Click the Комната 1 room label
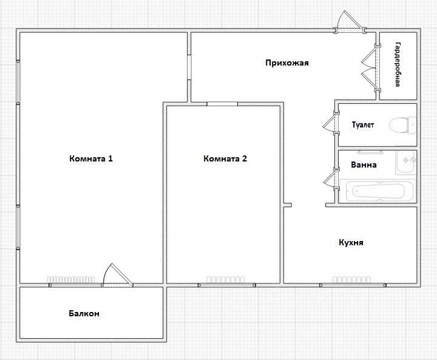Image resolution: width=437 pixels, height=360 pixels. coord(91,158)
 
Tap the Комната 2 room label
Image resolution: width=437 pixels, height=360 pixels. coord(225,158)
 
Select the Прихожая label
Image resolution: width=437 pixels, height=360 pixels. coord(287,63)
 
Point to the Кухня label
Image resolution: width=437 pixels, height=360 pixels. coord(351,243)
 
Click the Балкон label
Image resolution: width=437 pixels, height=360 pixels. coord(84,313)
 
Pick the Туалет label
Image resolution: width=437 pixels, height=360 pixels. coord(362,124)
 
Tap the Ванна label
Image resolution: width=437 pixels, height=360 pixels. coord(364,165)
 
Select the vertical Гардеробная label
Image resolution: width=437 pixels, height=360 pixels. coord(398,64)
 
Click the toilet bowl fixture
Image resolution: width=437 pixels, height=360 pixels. coord(402,124)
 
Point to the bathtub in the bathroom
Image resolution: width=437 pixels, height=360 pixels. coord(378,191)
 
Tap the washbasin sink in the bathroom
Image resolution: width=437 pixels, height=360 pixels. coord(406,162)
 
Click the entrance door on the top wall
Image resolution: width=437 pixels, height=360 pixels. coord(350,24)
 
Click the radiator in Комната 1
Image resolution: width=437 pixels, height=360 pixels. coord(71,279)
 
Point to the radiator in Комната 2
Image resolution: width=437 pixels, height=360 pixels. coord(225,279)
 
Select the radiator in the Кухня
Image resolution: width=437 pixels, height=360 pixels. coord(351,279)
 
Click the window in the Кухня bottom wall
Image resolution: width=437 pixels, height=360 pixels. coord(353,285)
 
